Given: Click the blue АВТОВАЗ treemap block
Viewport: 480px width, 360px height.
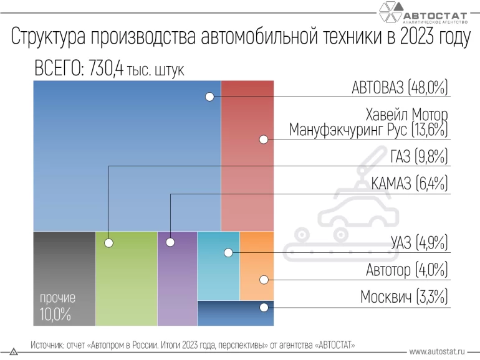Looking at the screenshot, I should [x=125, y=156].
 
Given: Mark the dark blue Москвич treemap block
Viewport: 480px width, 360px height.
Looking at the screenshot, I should [x=235, y=313].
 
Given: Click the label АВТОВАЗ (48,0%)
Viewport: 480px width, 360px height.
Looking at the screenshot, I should [x=400, y=88].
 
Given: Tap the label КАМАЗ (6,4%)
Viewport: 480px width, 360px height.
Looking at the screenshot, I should [x=409, y=184].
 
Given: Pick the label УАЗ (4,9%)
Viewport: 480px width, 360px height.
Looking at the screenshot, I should [x=419, y=243].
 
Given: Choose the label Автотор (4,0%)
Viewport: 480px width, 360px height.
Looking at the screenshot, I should [x=406, y=270].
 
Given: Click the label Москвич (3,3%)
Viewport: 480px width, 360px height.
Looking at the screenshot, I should [x=404, y=297].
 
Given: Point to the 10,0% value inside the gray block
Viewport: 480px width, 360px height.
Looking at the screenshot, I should [x=55, y=315].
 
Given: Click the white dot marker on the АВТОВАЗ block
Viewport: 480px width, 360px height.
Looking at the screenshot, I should [x=209, y=97].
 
